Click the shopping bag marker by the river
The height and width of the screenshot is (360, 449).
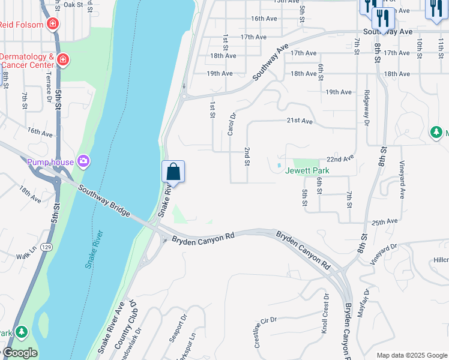(x=173, y=172)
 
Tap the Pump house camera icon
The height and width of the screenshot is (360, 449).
(x=83, y=161)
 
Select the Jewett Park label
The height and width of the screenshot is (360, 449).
(x=307, y=170)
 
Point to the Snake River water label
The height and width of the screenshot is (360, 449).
(x=94, y=249)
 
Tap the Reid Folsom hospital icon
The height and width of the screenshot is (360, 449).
(x=53, y=25)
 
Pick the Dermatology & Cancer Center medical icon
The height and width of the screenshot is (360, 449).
(x=62, y=60)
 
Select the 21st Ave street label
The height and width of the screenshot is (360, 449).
(x=299, y=121)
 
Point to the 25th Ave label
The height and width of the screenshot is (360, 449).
(x=385, y=222)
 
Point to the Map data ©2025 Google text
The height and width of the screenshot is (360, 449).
(x=411, y=355)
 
